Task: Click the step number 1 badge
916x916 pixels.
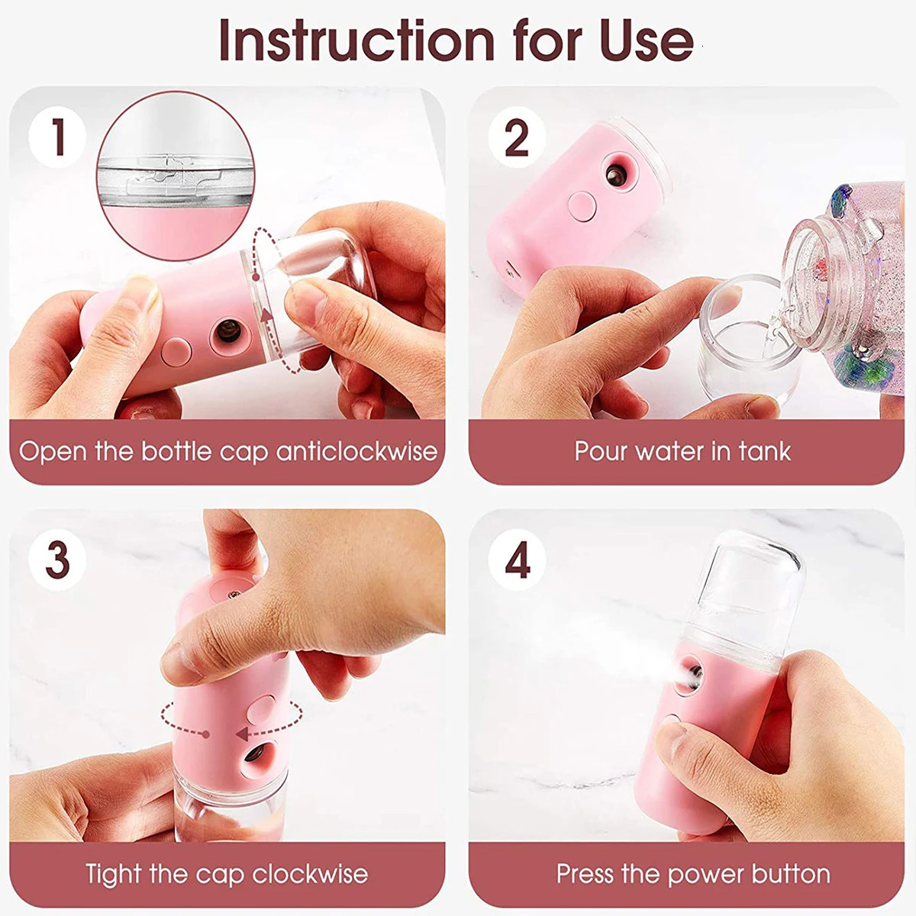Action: (x=57, y=138)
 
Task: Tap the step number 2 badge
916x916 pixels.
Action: (x=517, y=138)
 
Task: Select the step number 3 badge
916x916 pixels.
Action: (x=57, y=560)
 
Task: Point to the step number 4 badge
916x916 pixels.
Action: (x=517, y=560)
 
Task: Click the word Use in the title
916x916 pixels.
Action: (x=647, y=42)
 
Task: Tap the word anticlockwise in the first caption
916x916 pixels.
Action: (x=357, y=451)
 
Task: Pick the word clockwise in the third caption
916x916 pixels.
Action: (x=310, y=873)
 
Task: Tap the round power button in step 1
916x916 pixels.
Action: (x=176, y=352)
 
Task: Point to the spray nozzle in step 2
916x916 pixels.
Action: (x=617, y=176)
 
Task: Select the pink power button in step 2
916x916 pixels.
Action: (x=582, y=206)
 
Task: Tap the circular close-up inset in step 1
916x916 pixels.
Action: (x=176, y=176)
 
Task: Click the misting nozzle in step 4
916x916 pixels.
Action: (x=692, y=676)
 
